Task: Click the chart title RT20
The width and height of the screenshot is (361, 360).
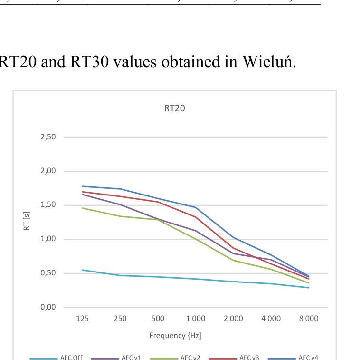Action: pyautogui.click(x=174, y=108)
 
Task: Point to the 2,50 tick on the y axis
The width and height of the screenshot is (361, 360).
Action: pyautogui.click(x=48, y=137)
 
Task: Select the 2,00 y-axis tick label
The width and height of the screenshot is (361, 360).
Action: pyautogui.click(x=48, y=171)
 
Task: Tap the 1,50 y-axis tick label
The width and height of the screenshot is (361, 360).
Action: pyautogui.click(x=48, y=205)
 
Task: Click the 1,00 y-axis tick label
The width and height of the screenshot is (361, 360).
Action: pyautogui.click(x=48, y=239)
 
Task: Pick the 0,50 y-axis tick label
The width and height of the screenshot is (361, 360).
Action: pyautogui.click(x=48, y=273)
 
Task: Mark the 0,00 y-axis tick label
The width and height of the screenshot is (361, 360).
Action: pyautogui.click(x=48, y=308)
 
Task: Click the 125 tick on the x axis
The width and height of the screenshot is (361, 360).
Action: pyautogui.click(x=82, y=319)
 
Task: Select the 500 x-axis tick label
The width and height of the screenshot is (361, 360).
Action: pyautogui.click(x=158, y=319)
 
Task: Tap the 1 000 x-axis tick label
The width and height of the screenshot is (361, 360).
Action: pyautogui.click(x=195, y=319)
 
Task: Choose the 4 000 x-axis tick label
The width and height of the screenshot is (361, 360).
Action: pyautogui.click(x=271, y=319)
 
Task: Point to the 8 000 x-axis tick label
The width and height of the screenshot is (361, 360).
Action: pyautogui.click(x=309, y=319)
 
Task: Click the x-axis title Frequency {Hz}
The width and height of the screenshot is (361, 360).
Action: pyautogui.click(x=175, y=336)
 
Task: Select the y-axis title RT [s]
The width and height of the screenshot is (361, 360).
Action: pyautogui.click(x=27, y=222)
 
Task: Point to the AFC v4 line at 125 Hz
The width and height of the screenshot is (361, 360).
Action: pyautogui.click(x=82, y=186)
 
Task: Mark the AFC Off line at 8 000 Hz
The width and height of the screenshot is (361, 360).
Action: pyautogui.click(x=309, y=288)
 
